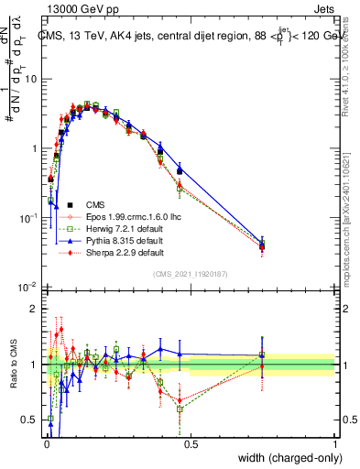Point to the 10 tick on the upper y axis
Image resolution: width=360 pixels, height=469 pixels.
30,79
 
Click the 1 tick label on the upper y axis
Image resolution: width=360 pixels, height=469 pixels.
33,148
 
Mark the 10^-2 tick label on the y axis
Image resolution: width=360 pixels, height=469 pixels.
27,288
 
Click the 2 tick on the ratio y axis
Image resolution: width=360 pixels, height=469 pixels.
33,309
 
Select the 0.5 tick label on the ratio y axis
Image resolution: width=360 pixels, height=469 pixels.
28,420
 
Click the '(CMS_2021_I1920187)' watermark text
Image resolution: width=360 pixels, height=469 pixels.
190,274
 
